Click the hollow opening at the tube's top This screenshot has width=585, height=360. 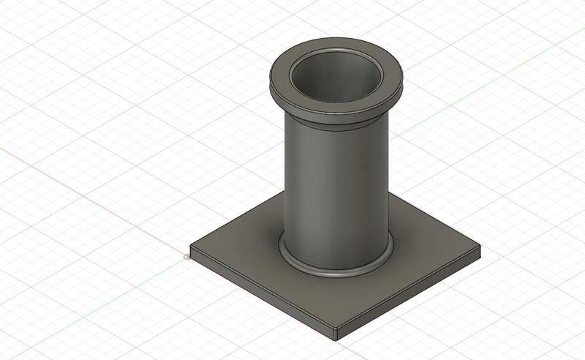[x=336, y=77]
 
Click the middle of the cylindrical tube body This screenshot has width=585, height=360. [x=335, y=190]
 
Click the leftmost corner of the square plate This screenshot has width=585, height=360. [x=191, y=249]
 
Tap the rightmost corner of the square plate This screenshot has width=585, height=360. [x=481, y=253]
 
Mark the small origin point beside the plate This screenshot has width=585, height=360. [x=186, y=257]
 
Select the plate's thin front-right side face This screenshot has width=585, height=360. [x=409, y=296]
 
